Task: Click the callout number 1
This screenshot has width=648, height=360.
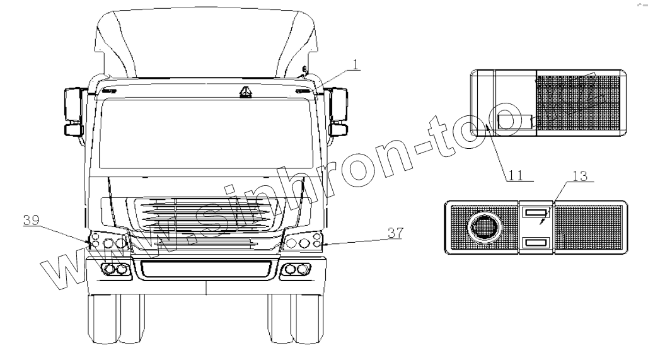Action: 357,64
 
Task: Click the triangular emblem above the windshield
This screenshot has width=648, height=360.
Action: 243,93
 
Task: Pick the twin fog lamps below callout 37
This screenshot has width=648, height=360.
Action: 297,270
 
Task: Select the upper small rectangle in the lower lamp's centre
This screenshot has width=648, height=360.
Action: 536,214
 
